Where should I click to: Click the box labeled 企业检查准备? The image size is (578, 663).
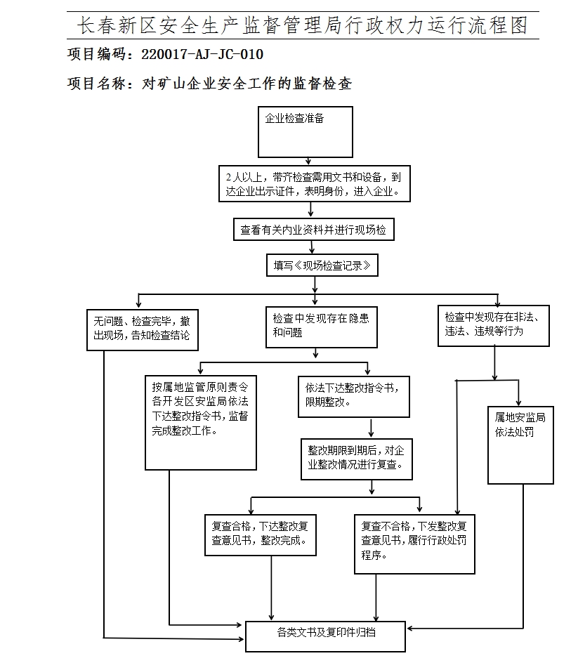point(305,131)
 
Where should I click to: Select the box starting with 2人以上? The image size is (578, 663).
point(313,184)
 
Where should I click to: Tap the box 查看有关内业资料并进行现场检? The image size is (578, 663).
point(313,230)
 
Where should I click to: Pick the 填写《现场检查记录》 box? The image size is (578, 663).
point(321,266)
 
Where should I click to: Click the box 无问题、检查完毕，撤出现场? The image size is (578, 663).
point(141,328)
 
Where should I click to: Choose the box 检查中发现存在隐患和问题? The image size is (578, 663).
point(321,327)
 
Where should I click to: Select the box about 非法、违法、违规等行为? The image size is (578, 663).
point(493,325)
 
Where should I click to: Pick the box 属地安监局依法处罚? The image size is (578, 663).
point(520,445)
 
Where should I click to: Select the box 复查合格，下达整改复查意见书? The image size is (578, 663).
point(260,534)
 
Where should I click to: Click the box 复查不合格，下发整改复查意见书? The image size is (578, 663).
point(414,542)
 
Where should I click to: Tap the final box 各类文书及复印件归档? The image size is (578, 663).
point(325,635)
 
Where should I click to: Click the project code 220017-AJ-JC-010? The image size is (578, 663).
point(202,55)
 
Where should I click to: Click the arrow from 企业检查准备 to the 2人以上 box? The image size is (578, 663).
point(308,161)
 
